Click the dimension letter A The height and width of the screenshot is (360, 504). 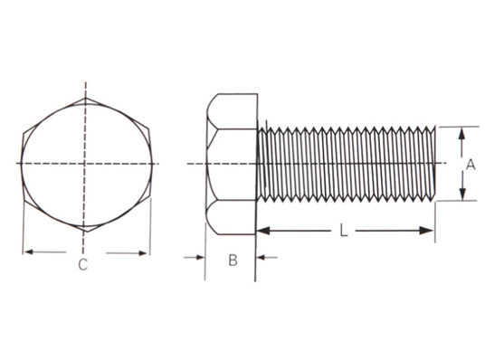coord(471,165)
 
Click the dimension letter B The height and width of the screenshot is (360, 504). coord(233,260)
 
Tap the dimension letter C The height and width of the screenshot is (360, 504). coord(83,264)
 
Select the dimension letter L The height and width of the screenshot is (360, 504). coord(344,231)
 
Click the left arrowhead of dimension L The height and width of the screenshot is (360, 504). coord(263,231)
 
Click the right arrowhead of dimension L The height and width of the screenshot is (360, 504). coord(426,231)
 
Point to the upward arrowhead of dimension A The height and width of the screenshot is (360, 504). coord(461,133)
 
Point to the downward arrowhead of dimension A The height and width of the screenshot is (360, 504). coord(462,194)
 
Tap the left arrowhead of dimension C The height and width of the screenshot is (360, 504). coord(29,252)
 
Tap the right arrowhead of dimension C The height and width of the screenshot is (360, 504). coord(143,253)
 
